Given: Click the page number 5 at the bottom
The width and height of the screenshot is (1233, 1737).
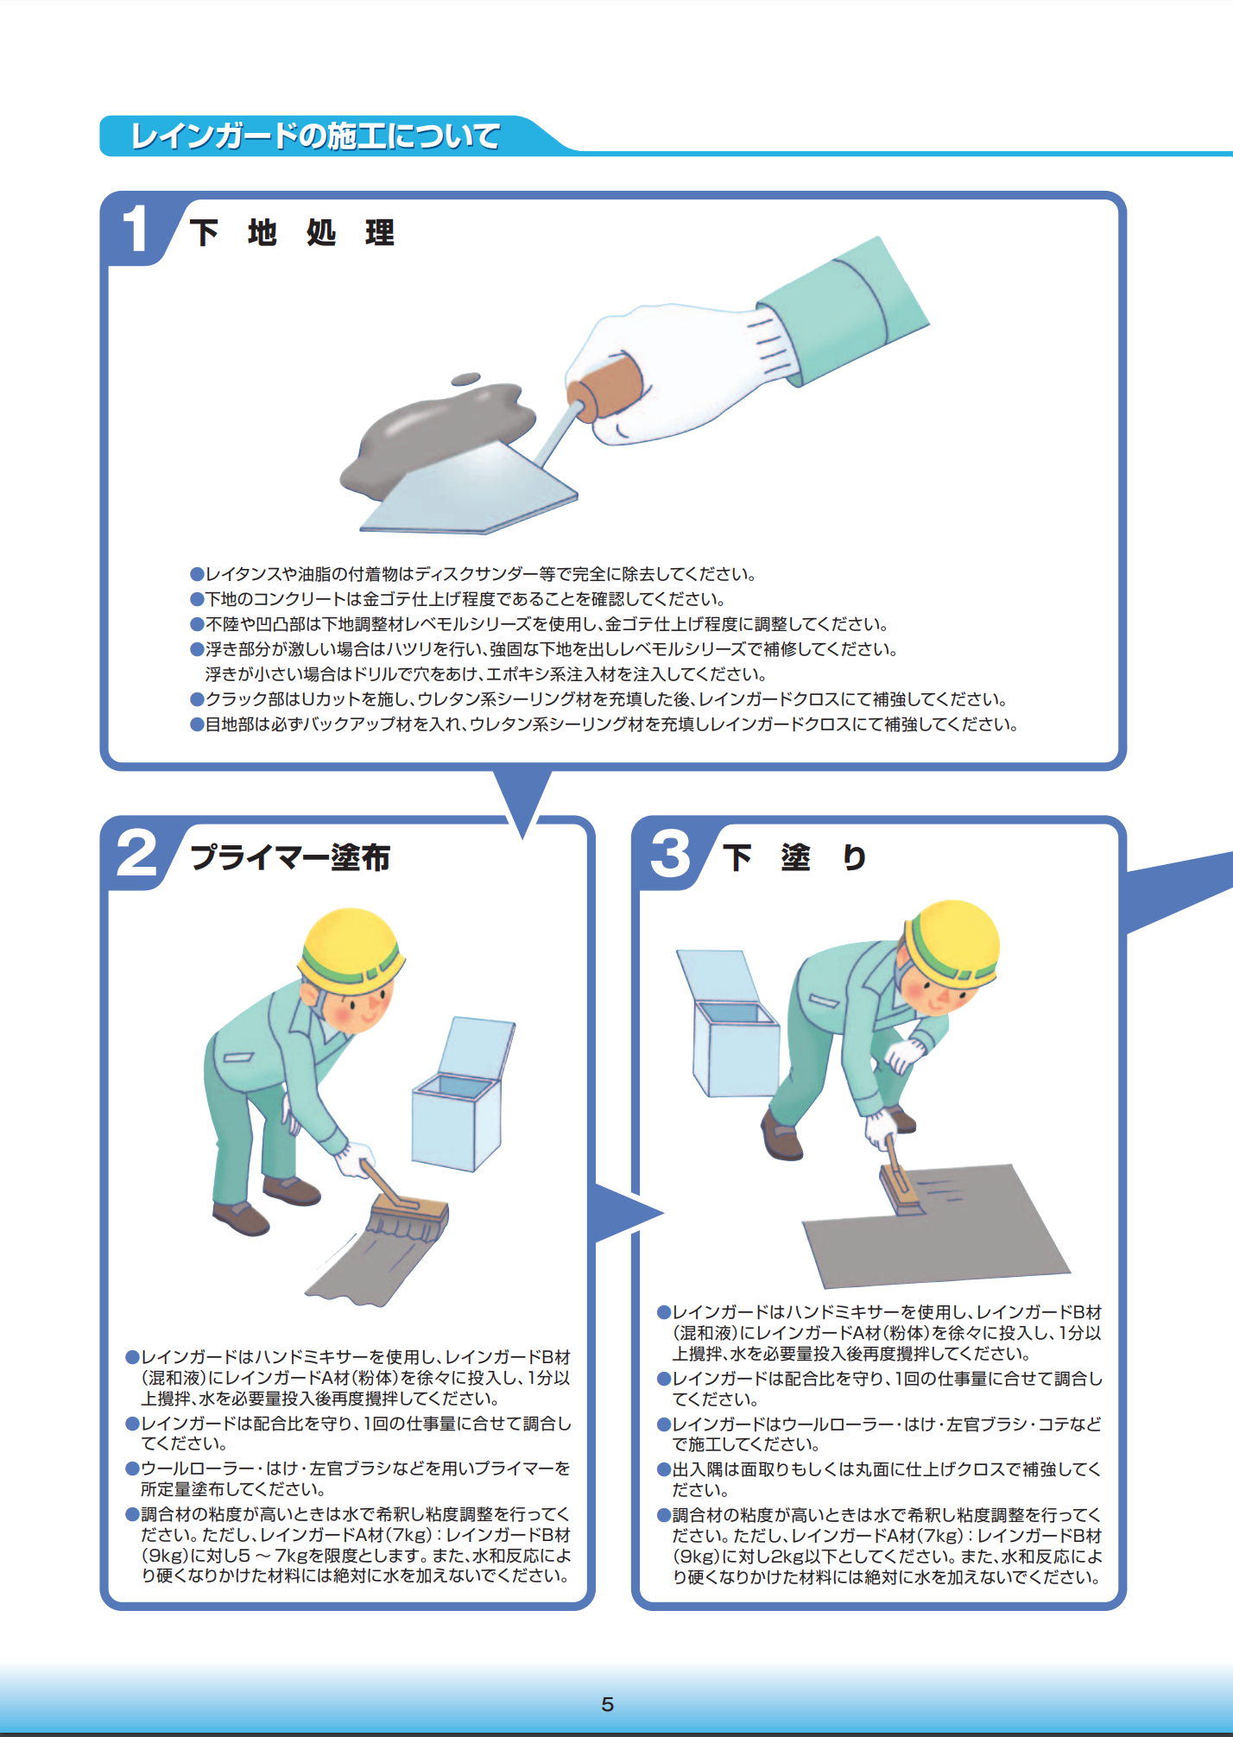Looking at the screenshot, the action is click(x=607, y=1704).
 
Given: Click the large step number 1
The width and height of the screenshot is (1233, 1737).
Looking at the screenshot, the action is click(x=135, y=230).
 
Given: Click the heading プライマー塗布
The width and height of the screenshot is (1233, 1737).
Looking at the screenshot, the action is click(x=290, y=857).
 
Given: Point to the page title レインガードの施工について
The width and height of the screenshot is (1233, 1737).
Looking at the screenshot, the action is click(x=315, y=136).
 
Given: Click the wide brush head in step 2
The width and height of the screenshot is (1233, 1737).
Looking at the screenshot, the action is click(x=408, y=1217).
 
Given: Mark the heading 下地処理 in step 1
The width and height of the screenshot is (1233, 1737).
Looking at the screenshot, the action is click(x=292, y=233).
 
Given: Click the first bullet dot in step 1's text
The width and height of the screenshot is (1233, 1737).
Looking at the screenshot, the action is click(x=197, y=574).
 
